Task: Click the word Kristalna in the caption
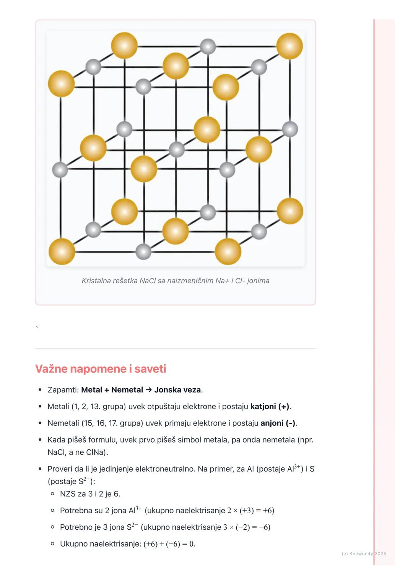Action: [x=96, y=281]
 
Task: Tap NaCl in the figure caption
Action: [x=147, y=281]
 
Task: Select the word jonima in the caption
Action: [x=258, y=281]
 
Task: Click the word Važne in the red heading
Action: [x=51, y=369]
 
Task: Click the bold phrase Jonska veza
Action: [x=177, y=390]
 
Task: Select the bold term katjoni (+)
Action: [x=270, y=406]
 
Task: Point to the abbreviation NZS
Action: [x=68, y=494]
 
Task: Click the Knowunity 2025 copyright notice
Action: [x=364, y=553]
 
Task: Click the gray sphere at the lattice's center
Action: [x=177, y=149]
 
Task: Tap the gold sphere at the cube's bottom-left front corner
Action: [x=62, y=251]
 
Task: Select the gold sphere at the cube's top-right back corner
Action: [x=289, y=46]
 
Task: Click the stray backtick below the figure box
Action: [x=37, y=327]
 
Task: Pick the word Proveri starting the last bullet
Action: [x=60, y=469]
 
